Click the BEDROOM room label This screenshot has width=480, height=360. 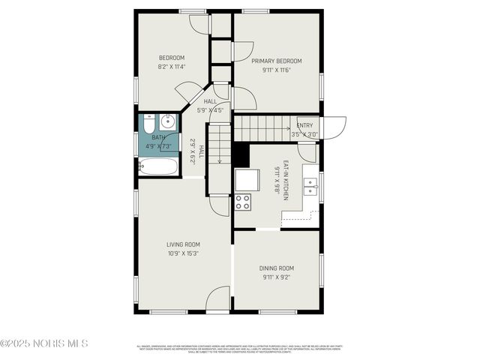[172, 58]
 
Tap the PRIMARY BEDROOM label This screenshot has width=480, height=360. [276, 61]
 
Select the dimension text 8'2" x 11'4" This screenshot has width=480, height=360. [172, 67]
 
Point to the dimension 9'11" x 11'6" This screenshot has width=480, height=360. [276, 70]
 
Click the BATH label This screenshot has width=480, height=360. [158, 137]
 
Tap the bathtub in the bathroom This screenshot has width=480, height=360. [159, 166]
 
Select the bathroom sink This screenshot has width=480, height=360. [168, 121]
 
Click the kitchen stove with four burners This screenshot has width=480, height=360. [243, 201]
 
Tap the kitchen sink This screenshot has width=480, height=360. [310, 186]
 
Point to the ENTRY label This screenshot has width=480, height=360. [305, 126]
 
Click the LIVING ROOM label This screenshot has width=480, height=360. [183, 244]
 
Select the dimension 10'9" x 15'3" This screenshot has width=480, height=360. [183, 253]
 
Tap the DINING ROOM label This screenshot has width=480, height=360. [276, 268]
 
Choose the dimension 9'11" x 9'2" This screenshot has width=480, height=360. [276, 277]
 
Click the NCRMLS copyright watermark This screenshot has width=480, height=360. [45, 343]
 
